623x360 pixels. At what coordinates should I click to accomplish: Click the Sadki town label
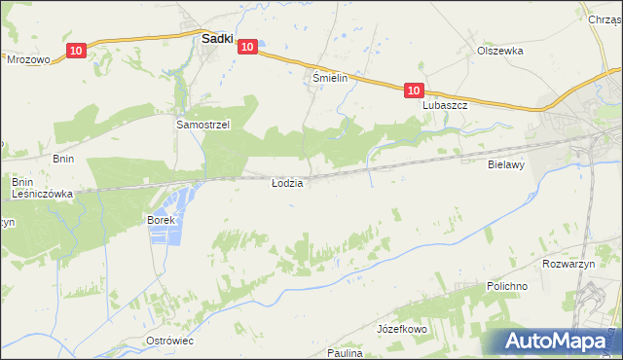click(215, 40)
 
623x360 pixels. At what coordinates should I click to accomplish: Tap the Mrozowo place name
click(28, 59)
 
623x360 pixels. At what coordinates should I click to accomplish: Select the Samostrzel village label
click(202, 126)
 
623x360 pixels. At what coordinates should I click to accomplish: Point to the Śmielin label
click(330, 78)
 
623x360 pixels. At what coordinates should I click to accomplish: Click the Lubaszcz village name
click(446, 105)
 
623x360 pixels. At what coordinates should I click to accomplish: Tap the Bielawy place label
click(506, 165)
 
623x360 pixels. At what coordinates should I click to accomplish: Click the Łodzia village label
click(287, 183)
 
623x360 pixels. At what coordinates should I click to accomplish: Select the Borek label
click(161, 221)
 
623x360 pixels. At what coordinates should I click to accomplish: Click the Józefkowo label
click(402, 330)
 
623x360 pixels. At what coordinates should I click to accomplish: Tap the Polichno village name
click(507, 287)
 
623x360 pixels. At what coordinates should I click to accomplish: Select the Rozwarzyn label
click(567, 263)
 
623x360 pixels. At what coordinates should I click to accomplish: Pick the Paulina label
click(346, 353)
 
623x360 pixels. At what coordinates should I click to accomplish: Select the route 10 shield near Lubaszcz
click(414, 90)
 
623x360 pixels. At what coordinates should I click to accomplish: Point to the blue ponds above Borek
click(175, 201)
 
